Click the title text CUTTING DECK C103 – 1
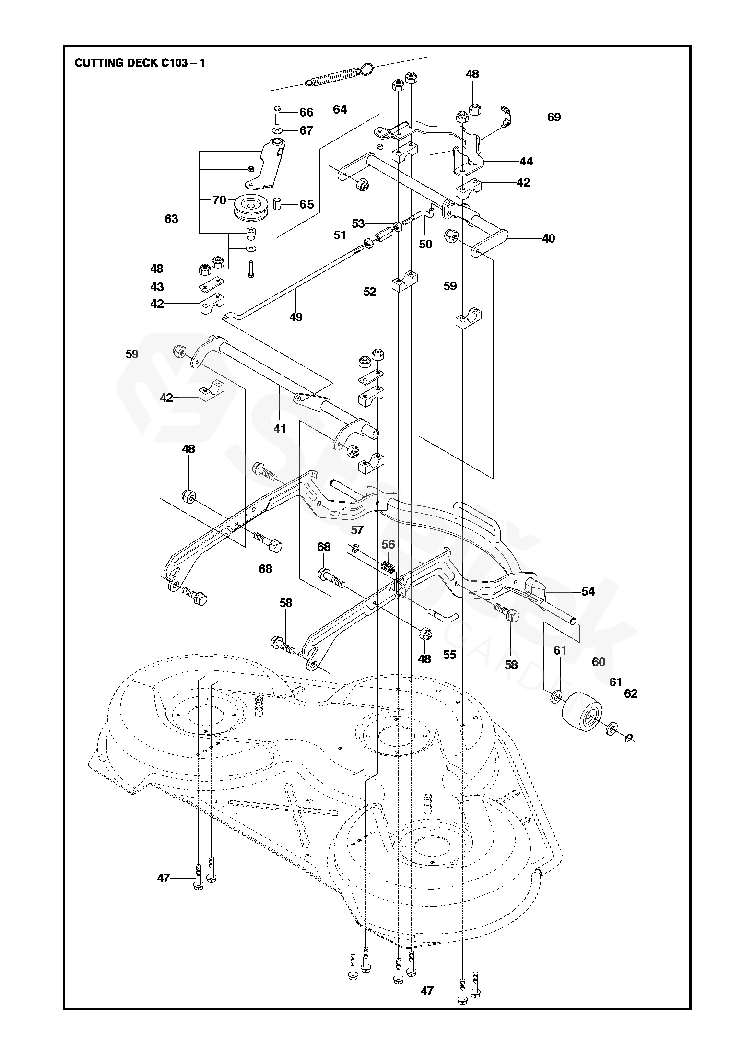tap(140, 63)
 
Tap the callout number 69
tap(554, 117)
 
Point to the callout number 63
tap(171, 219)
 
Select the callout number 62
tap(631, 693)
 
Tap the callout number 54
tap(588, 592)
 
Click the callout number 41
tap(280, 428)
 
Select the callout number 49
tap(296, 317)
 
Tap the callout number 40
tap(548, 238)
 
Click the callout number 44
tap(526, 162)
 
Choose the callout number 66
tap(306, 113)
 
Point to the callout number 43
tap(157, 287)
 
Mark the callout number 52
tap(370, 292)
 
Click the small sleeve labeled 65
tap(278, 205)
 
